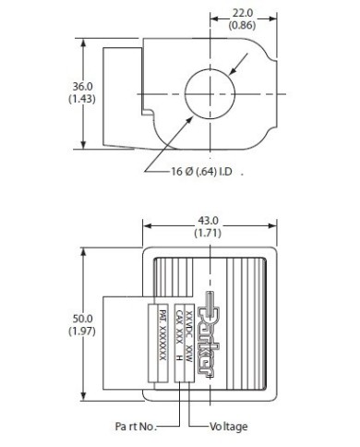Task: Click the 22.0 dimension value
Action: coord(243,13)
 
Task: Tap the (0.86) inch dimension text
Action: coord(243,25)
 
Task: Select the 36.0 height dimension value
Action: coord(82,87)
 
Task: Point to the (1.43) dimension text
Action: coord(82,99)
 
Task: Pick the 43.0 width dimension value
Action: coord(208,221)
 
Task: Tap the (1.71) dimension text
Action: coord(208,233)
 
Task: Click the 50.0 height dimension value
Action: coord(82,319)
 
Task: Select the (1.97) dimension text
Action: coord(82,331)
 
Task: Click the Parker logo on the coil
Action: coord(207,333)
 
